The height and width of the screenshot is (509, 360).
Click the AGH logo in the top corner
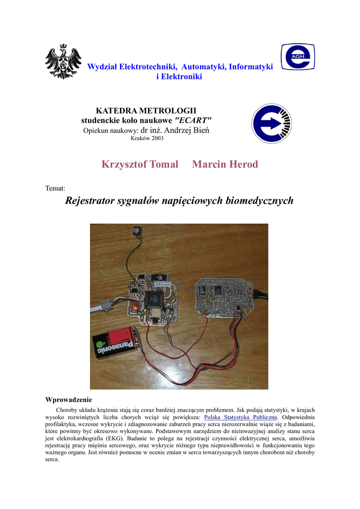click(297, 57)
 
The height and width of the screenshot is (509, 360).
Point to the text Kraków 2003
click(147, 139)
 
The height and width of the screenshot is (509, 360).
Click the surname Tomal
click(162, 165)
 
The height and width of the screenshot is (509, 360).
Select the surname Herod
click(244, 165)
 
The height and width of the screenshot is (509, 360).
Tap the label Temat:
click(55, 188)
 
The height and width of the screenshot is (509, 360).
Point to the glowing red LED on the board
click(135, 309)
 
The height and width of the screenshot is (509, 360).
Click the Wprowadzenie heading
click(69, 400)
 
